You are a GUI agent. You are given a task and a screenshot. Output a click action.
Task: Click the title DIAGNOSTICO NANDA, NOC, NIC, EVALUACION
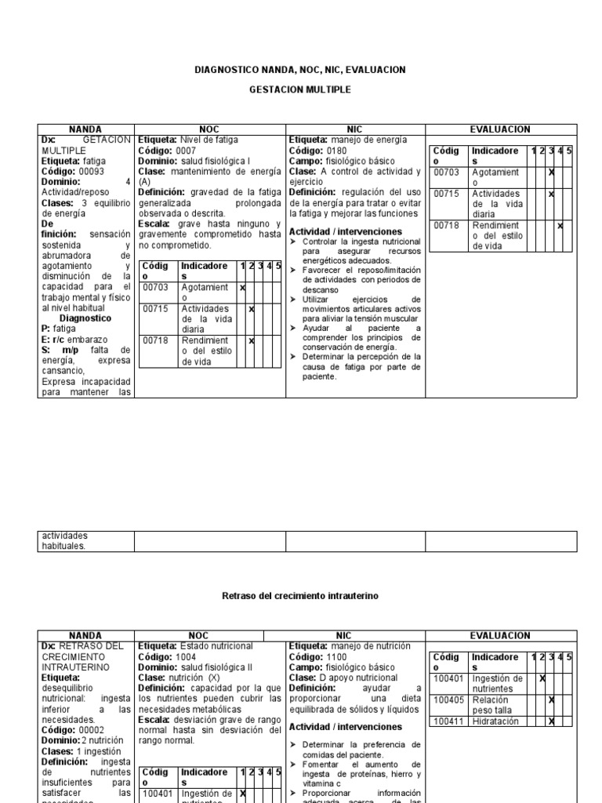(x=300, y=71)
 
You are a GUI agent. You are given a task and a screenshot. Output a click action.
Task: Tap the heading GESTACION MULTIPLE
(x=300, y=90)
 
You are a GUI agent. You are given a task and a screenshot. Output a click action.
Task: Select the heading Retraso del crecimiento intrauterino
(x=300, y=596)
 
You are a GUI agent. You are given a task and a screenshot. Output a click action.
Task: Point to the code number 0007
(x=187, y=150)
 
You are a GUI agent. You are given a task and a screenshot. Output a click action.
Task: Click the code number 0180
(x=338, y=150)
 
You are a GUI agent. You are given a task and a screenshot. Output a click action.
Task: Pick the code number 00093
(x=87, y=170)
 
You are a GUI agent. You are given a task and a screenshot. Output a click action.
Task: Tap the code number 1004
(x=187, y=656)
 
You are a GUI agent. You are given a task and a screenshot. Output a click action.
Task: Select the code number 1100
(x=338, y=656)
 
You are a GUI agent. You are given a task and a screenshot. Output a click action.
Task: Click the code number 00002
(x=87, y=729)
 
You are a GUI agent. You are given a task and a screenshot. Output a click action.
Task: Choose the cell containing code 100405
(x=449, y=699)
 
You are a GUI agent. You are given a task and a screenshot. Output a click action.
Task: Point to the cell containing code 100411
(x=449, y=721)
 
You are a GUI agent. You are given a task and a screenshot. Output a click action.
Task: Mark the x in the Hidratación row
(x=552, y=721)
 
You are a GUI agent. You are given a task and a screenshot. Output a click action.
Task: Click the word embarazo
(x=92, y=339)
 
